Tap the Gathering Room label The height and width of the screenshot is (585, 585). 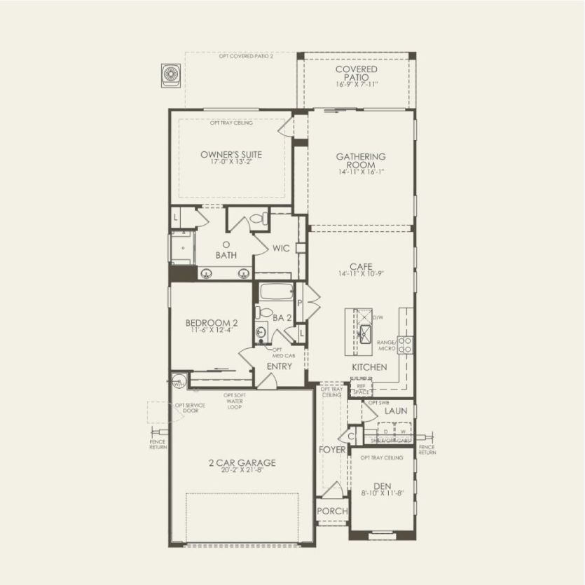click(361, 160)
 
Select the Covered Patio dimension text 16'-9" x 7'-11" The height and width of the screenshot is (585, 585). click(357, 84)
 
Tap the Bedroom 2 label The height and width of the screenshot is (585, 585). click(212, 323)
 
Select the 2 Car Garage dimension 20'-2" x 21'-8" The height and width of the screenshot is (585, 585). click(241, 471)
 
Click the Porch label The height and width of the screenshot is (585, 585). click(332, 511)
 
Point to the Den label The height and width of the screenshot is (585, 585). click(381, 485)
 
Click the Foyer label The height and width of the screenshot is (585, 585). click(332, 449)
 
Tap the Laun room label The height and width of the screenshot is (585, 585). click(395, 411)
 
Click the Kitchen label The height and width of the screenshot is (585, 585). click(369, 367)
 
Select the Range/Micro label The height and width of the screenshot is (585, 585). click(387, 344)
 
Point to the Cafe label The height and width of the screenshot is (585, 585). click(360, 266)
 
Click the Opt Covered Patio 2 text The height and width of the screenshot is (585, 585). click(246, 56)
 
